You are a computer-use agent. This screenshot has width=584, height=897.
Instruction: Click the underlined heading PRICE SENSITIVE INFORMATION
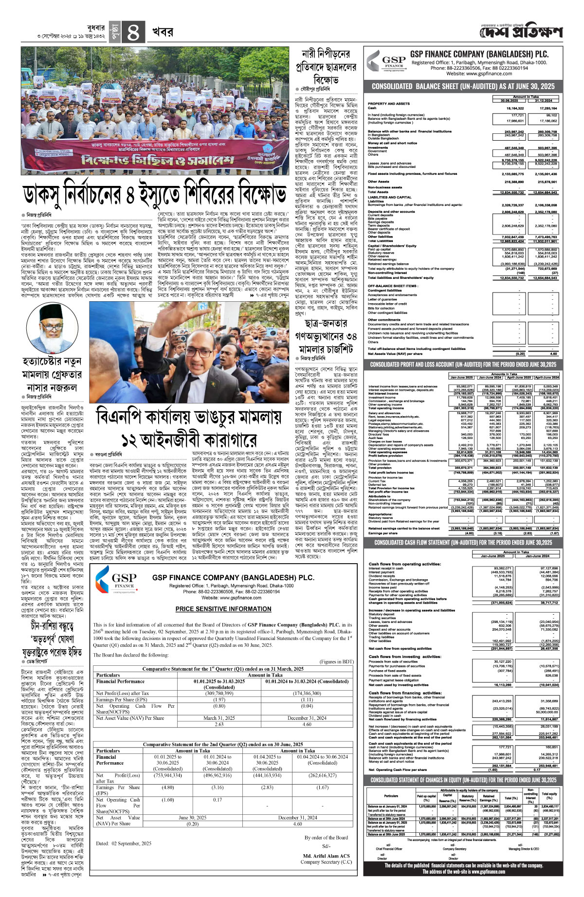pos(223,609)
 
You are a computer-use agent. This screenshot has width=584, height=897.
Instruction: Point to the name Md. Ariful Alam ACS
pos(326,856)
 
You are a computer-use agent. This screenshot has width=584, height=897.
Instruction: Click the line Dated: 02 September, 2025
pos(123,843)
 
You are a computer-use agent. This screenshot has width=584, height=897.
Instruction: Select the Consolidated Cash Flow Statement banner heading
pos(463,542)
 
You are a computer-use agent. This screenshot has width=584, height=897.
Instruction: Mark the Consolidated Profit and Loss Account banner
pos(463,365)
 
